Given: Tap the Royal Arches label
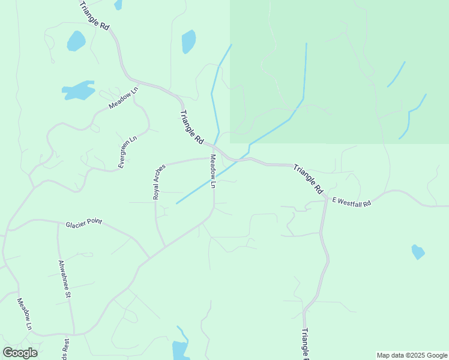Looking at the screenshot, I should tap(158, 181).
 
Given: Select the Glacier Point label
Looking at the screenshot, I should tap(83, 223).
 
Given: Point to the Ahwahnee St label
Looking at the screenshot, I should tap(65, 279).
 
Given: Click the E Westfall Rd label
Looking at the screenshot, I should tap(351, 203).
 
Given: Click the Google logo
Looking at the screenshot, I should tap(20, 353).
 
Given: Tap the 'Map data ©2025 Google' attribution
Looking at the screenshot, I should tap(412, 355).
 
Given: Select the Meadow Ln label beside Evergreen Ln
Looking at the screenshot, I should tap(123, 98).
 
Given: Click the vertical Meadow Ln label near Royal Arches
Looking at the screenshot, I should tap(212, 172).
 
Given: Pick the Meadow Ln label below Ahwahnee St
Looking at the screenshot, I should tap(24, 314).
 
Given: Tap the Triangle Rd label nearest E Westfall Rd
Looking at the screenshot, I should tap(308, 178).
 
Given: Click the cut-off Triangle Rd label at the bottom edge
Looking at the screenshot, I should tap(304, 344).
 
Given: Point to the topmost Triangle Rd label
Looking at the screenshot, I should tap(95, 16).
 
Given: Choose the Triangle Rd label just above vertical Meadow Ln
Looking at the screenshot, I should tap(191, 127).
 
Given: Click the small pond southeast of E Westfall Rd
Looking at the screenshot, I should tap(418, 252).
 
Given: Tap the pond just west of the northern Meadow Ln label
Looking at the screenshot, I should tap(79, 91).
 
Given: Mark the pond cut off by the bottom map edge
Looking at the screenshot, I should tap(180, 349).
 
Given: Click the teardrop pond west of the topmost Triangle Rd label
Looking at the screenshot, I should tap(76, 41).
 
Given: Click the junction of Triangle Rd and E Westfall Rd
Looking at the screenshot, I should tap(326, 198).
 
